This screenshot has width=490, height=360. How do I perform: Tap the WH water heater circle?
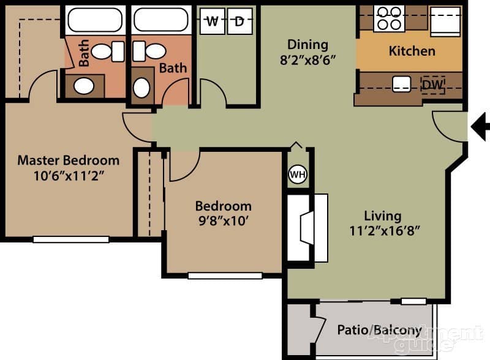pos(297,174)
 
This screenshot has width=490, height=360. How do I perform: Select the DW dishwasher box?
pos(433,84)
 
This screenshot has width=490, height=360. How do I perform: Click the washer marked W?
pos(213,22)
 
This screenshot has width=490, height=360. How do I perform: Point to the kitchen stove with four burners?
pos(389,18)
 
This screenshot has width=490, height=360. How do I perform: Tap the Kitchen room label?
pos(412,51)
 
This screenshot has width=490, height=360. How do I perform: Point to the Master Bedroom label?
pos(68,160)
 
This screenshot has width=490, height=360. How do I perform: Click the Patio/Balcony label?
pos(379,331)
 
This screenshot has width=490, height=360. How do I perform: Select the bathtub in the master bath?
pos(95,20)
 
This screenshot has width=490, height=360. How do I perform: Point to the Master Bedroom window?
pos(70,239)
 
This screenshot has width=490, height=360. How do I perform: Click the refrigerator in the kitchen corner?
pos(445,22)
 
